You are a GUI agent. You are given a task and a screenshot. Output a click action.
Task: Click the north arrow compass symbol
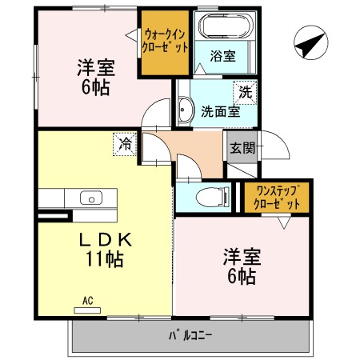[311, 42]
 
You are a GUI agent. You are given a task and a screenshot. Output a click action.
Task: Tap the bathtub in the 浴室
[226, 26]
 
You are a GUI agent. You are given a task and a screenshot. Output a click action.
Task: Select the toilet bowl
[213, 197]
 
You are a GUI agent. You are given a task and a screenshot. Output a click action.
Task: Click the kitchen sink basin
[91, 198]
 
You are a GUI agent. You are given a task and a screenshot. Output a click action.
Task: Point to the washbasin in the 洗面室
[186, 110]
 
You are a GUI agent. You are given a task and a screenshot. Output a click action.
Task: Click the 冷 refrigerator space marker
[125, 144]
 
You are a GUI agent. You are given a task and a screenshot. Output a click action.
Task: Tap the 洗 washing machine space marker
[245, 92]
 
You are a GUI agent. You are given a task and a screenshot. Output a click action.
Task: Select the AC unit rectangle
[87, 310]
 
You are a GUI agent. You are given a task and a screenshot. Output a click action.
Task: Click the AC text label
[88, 301]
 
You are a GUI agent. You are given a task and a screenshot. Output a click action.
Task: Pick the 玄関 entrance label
[242, 147]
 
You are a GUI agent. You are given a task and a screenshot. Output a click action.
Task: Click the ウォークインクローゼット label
[165, 41]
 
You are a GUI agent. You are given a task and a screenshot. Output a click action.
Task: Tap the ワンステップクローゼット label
[277, 198]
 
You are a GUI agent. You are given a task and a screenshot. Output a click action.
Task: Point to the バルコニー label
[190, 335]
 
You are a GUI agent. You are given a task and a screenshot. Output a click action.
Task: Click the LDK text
[106, 240]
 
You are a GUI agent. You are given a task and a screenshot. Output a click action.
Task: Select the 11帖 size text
[105, 258]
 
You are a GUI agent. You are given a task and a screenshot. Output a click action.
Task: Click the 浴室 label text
[223, 56]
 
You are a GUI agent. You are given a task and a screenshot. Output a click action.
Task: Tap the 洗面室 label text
[221, 111]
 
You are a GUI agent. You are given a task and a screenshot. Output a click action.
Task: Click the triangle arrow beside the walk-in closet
[133, 35]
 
